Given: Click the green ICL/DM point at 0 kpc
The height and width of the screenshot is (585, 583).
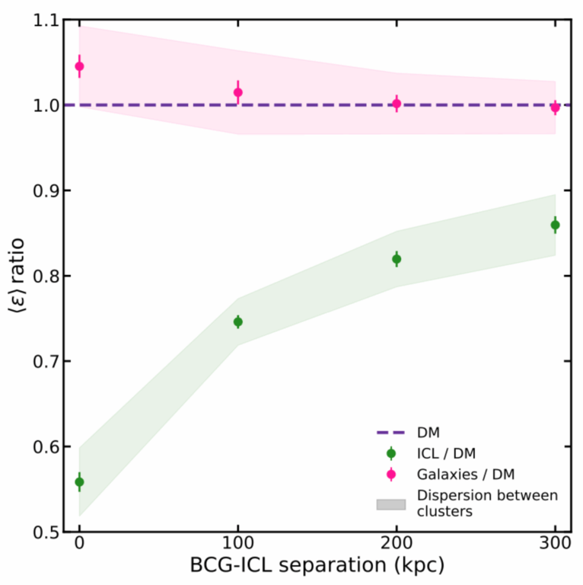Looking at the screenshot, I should point(79,481).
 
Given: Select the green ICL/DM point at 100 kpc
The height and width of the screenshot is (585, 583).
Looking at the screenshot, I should point(237,321).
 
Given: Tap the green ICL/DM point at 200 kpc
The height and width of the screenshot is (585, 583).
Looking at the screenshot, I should point(397,259).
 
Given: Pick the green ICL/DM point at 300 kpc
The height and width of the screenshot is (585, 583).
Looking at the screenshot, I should point(555,225).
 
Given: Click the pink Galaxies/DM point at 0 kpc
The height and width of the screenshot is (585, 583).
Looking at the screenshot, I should point(79,66).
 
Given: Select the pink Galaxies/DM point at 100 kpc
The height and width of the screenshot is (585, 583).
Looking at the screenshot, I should point(237,92).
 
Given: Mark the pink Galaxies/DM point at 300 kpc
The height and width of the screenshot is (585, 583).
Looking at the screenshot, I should point(555,107).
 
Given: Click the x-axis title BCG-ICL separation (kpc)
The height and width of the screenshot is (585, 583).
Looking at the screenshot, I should point(317,567).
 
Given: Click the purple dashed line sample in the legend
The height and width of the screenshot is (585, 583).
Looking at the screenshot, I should point(391,433).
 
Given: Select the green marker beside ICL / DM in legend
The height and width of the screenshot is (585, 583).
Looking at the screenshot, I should point(391,453).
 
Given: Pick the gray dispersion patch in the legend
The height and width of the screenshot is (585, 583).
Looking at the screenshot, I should point(391,503).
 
